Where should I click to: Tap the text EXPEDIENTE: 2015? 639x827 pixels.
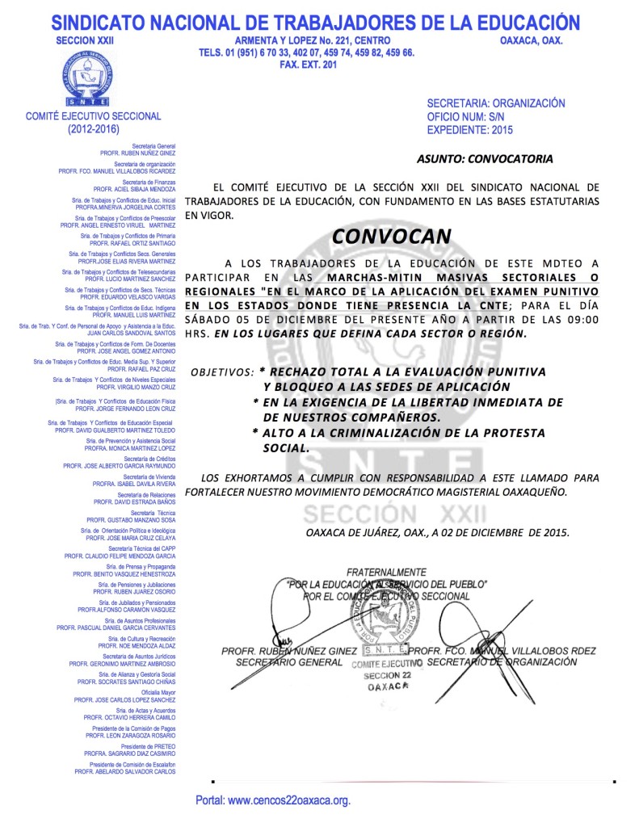point(469,129)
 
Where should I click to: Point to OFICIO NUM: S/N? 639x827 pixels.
point(466,116)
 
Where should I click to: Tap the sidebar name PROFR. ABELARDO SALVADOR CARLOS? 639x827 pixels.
point(125,771)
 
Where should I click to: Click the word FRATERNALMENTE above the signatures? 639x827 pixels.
point(386,572)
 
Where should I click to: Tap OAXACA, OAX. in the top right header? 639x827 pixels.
point(532,40)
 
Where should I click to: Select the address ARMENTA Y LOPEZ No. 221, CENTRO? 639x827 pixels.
point(313,40)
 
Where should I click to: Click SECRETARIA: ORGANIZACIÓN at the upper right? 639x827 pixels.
point(496,103)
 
